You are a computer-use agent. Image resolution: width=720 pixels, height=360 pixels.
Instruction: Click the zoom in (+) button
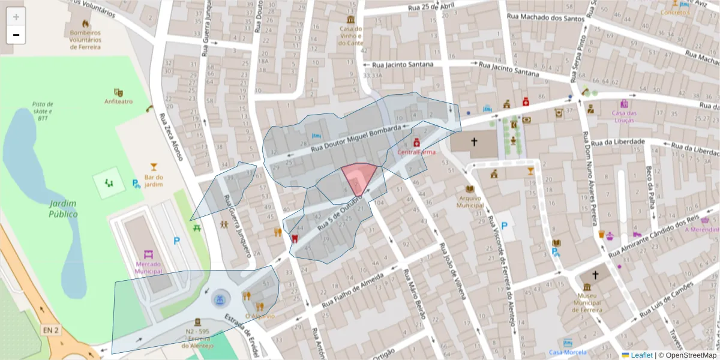[16, 17]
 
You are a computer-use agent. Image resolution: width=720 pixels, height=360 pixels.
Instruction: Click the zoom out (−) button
[16, 35]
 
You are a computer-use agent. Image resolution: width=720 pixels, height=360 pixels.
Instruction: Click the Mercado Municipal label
[148, 268]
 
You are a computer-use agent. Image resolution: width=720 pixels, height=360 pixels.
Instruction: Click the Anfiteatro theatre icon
[118, 92]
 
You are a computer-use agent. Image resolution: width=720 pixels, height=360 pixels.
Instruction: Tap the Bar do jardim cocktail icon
[154, 167]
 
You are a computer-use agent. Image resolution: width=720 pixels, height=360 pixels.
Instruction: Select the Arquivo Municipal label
[470, 201]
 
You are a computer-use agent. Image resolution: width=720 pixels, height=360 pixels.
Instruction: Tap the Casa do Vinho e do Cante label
[352, 35]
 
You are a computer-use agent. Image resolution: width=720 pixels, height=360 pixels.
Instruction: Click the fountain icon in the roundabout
[220, 298]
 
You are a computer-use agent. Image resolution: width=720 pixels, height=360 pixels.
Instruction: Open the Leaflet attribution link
[641, 355]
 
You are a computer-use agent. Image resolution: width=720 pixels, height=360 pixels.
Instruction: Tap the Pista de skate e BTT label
[43, 111]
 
